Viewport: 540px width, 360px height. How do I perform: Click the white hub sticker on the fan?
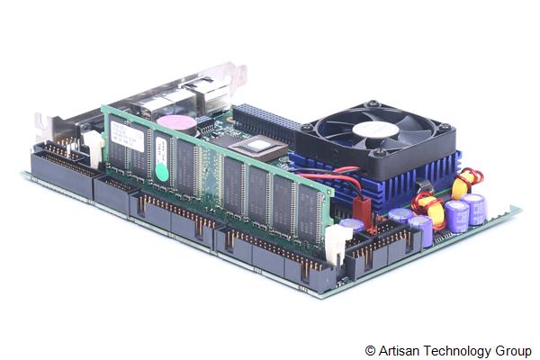(375, 130)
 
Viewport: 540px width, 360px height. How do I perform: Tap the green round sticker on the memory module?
(161, 170)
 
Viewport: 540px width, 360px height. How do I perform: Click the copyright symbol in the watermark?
(371, 349)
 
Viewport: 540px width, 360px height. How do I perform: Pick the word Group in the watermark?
(512, 349)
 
